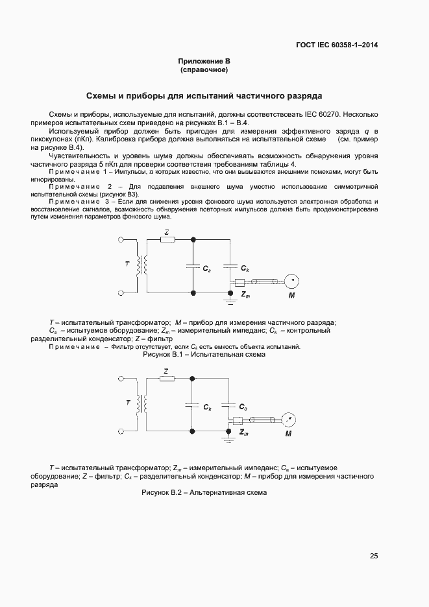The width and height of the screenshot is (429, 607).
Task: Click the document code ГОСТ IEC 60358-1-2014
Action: (337, 45)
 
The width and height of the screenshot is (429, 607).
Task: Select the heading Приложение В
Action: (204, 61)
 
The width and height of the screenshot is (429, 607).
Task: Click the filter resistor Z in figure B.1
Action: (167, 239)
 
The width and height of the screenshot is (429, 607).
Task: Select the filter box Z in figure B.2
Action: (167, 379)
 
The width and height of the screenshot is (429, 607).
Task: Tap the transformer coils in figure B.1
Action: (141, 267)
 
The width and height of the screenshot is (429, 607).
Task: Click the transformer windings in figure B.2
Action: (141, 405)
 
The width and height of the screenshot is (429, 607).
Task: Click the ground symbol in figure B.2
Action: (228, 439)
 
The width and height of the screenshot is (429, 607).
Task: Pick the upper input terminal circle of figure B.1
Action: (120, 239)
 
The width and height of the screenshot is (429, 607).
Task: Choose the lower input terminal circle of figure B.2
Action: (120, 431)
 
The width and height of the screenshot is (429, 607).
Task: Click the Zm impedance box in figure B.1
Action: (239, 282)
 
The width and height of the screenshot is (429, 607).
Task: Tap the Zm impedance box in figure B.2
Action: (238, 420)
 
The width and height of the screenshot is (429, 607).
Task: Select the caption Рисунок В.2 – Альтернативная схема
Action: (204, 493)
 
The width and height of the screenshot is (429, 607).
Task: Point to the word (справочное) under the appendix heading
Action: (204, 69)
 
